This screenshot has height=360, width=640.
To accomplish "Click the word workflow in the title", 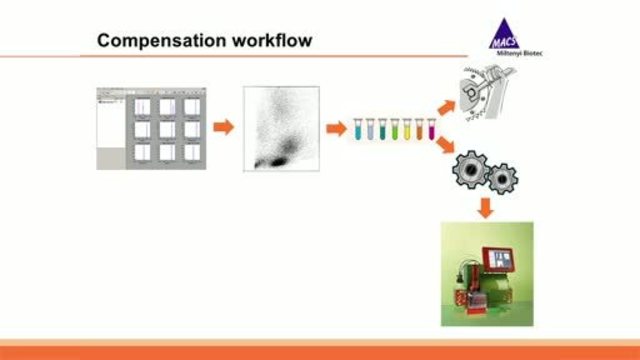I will pos(268,41).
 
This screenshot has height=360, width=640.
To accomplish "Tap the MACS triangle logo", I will pos(504,36).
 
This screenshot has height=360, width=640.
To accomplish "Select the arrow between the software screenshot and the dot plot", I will pos(225,127).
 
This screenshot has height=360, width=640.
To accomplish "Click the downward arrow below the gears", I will pos(485,207).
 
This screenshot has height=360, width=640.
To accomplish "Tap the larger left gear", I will pos(471,171).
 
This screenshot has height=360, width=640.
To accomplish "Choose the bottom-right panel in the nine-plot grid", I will pos(191,150).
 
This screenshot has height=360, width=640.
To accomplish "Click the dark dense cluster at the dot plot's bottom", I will pos(276,159).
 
